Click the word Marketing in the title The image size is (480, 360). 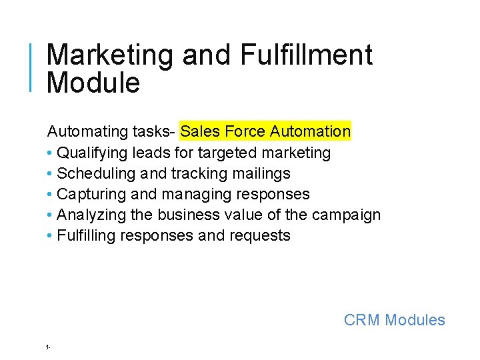[109, 56]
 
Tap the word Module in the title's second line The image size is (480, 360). [93, 83]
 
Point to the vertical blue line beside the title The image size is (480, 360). [32, 67]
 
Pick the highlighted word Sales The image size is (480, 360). [197, 131]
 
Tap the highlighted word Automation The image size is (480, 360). [311, 131]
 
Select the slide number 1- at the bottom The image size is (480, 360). [49, 347]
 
